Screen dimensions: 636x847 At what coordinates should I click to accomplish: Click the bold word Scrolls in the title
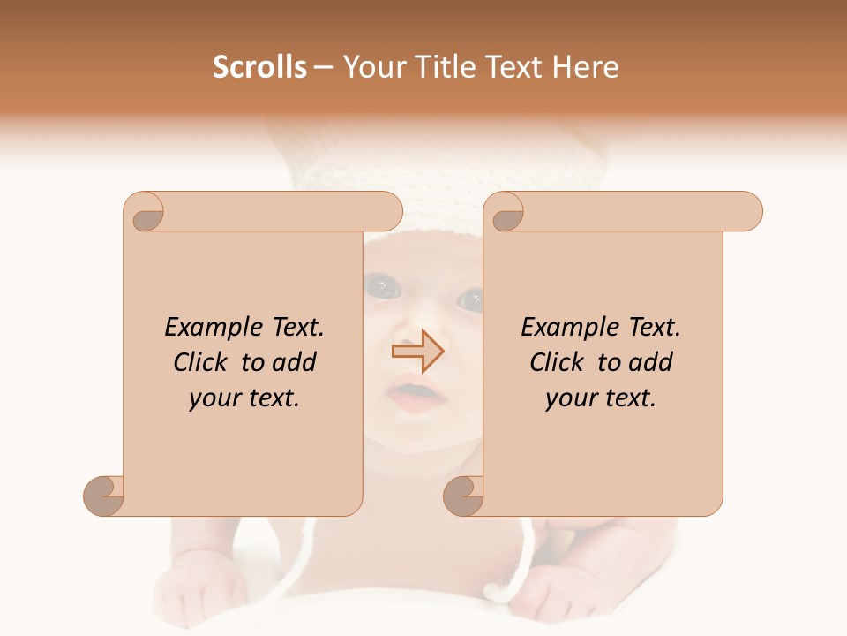(259, 67)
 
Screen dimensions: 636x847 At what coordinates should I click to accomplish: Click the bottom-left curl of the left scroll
(103, 496)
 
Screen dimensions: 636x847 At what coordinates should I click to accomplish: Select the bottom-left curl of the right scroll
(463, 496)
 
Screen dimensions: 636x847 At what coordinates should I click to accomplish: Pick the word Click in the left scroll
(204, 363)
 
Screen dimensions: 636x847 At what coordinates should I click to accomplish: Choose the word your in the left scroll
(215, 398)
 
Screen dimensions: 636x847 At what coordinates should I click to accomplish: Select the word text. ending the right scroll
(627, 398)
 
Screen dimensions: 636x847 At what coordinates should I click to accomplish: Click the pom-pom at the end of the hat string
(506, 588)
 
